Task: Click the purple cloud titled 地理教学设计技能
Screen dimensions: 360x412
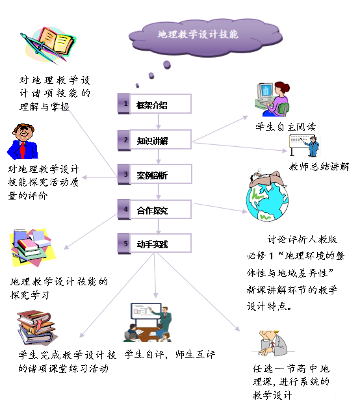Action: click(205, 37)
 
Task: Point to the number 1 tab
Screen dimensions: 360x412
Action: click(124, 104)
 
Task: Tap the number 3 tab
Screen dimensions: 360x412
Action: click(124, 174)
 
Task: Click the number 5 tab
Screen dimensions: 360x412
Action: click(124, 244)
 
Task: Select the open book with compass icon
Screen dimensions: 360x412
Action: click(48, 45)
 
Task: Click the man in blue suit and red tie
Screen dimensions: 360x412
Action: click(23, 142)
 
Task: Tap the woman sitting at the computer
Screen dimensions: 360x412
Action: click(272, 99)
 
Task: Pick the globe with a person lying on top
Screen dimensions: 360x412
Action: click(267, 196)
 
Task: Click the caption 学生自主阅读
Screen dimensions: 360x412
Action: click(286, 127)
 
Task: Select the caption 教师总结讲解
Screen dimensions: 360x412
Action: click(319, 166)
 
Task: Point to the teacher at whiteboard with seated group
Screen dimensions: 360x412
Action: click(148, 322)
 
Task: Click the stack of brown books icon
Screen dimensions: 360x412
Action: click(36, 328)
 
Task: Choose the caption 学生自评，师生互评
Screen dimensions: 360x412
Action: click(170, 355)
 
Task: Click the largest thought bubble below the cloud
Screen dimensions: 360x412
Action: click(167, 65)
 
